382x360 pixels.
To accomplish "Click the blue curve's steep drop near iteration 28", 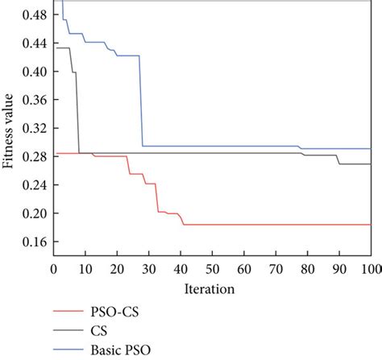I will click(142, 101).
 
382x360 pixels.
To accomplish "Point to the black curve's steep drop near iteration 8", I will click(77, 113).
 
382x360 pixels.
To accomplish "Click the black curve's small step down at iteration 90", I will click(338, 159).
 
